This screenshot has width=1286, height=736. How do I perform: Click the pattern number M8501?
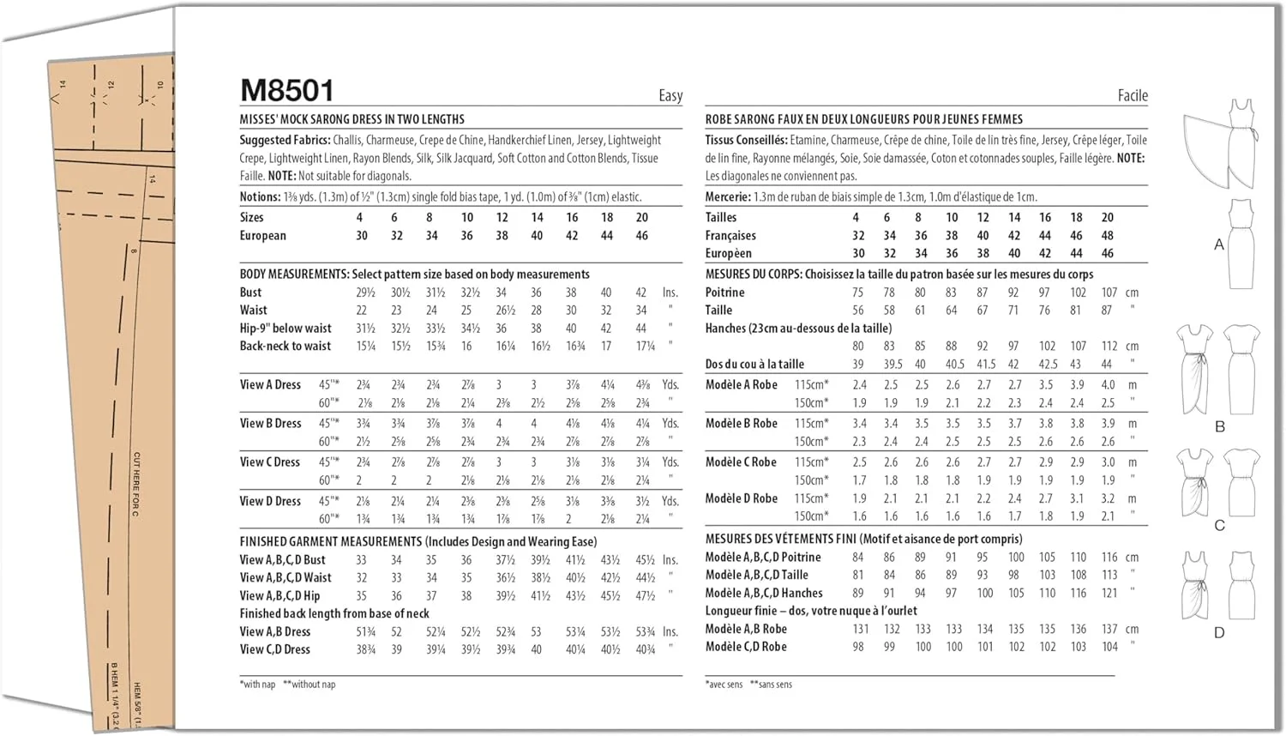(x=287, y=90)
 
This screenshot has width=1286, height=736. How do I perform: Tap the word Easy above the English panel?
(x=670, y=96)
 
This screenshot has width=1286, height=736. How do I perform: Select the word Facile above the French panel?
(x=1132, y=96)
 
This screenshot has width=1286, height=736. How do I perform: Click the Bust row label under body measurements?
(x=250, y=293)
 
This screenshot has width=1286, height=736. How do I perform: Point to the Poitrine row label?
(x=724, y=293)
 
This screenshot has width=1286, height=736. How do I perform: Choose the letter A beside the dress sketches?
(x=1218, y=244)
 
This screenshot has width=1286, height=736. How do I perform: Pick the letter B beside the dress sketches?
(x=1219, y=426)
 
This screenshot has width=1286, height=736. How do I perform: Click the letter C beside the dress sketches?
(x=1219, y=525)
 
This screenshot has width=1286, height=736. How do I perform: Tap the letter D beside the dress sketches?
(x=1219, y=633)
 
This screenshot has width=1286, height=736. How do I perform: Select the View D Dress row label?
(x=270, y=501)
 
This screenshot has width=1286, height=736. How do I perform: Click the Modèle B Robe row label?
(x=741, y=424)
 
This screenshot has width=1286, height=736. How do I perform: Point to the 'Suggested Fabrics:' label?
(x=285, y=140)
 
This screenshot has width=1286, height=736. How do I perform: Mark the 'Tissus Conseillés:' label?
(x=746, y=140)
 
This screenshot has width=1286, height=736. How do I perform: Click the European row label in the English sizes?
(x=262, y=236)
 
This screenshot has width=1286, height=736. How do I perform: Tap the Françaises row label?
(x=730, y=236)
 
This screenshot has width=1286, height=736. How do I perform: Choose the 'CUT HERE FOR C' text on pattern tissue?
(x=136, y=484)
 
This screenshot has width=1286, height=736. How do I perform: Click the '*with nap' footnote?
(x=258, y=685)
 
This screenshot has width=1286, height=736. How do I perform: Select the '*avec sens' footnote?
(x=724, y=685)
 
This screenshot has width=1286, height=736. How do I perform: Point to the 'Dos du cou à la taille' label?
(x=754, y=364)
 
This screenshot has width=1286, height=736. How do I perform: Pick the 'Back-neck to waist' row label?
(x=285, y=346)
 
